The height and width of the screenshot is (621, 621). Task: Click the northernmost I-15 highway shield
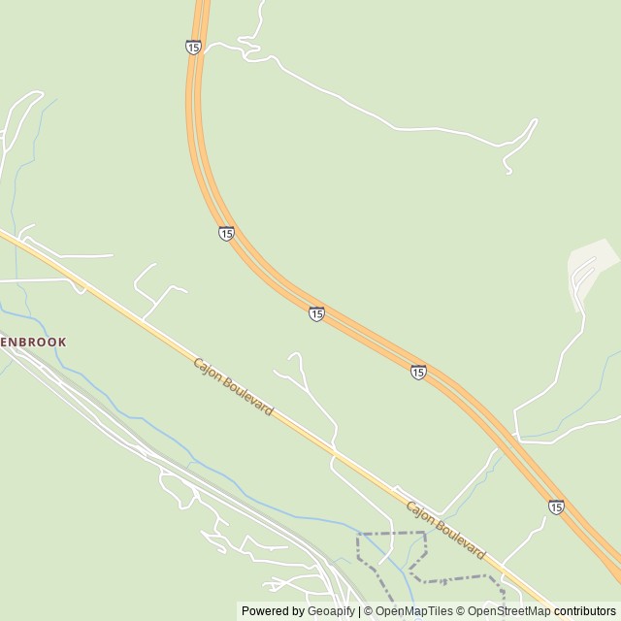(193, 47)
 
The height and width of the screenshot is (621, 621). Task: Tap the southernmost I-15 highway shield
(555, 507)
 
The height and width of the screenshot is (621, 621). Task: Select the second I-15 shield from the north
(226, 234)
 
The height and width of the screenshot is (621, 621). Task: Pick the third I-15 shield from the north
(316, 313)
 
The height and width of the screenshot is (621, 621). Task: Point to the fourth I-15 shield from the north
(417, 372)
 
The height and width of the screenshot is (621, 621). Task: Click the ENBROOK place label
(33, 343)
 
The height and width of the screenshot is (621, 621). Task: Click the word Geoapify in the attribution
(331, 611)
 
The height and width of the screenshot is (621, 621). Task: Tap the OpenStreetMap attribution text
(508, 611)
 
